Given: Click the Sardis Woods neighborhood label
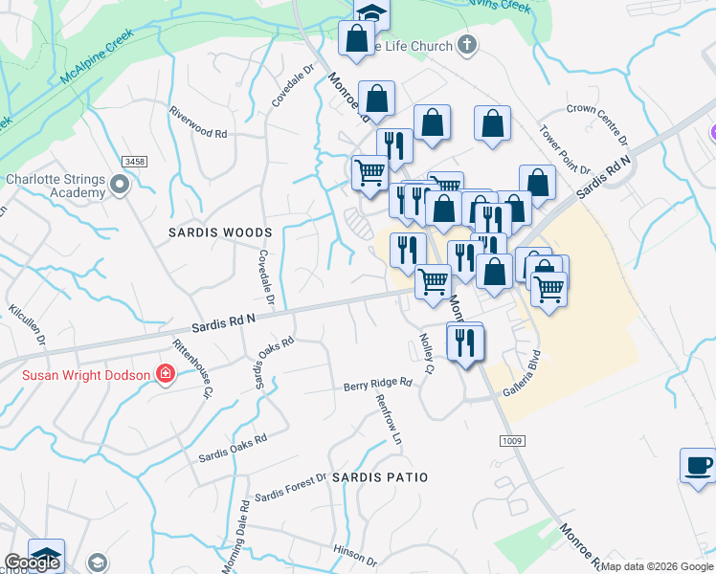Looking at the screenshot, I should pos(220,232).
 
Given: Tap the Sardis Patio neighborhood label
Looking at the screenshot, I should pos(378,476).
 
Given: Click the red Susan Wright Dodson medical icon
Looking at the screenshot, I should pos(166,374).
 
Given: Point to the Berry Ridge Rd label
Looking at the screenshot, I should pos(378,384).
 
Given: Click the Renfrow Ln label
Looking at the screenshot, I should pos(389,420).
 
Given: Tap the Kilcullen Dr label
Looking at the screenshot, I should pos(27,326).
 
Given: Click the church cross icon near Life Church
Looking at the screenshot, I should pos(466,44).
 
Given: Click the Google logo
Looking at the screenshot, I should pos(32,563).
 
